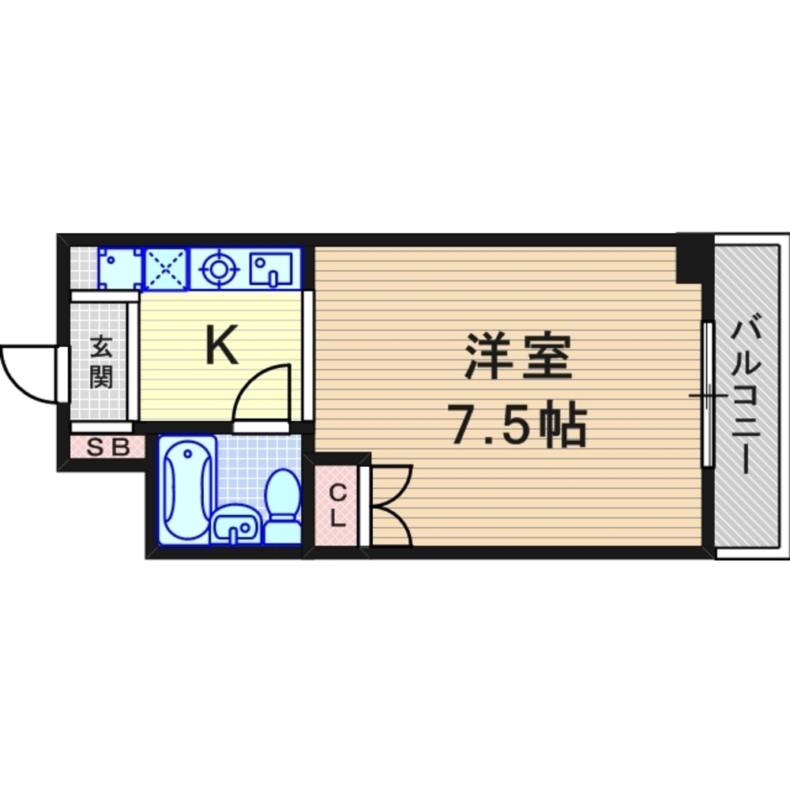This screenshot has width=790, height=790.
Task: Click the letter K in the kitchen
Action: pyautogui.click(x=222, y=346)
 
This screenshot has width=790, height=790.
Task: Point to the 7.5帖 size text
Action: pyautogui.click(x=517, y=427)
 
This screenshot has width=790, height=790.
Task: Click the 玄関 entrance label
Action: pyautogui.click(x=100, y=361)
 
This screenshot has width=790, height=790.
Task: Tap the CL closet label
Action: pyautogui.click(x=337, y=506)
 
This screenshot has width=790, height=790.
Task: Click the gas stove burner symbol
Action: pyautogui.click(x=218, y=269)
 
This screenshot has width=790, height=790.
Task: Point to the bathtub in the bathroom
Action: pyautogui.click(x=186, y=489)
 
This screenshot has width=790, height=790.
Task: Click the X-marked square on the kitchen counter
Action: pyautogui.click(x=166, y=269)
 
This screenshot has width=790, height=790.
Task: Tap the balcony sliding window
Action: pyautogui.click(x=709, y=394)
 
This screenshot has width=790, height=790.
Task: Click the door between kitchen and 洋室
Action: pyautogui.click(x=308, y=355)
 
